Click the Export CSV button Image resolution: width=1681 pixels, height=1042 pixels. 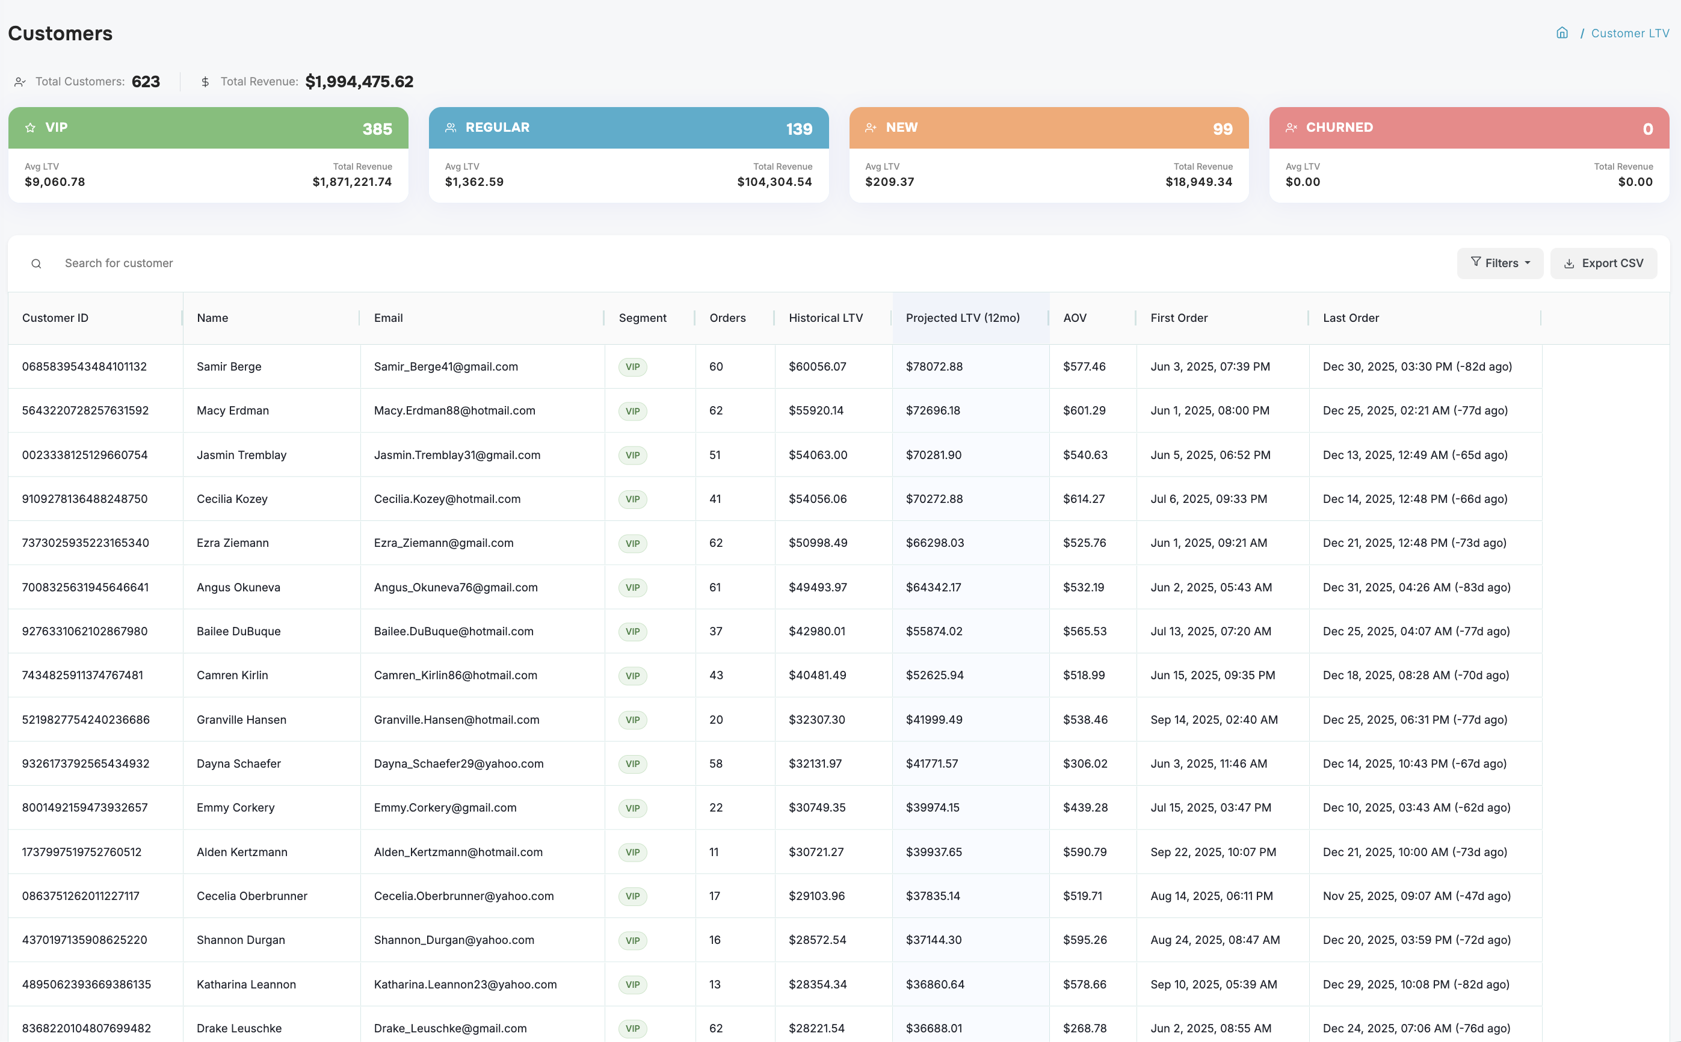tap(1603, 264)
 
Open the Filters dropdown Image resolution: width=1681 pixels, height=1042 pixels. tap(1500, 264)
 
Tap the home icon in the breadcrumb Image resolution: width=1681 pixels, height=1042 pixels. tap(1562, 33)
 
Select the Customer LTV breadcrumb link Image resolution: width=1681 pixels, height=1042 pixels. tap(1629, 33)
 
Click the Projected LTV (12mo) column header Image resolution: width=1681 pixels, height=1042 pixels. tap(962, 318)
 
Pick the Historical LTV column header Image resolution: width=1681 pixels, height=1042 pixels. tap(825, 318)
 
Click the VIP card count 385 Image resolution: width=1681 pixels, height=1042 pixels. tap(377, 129)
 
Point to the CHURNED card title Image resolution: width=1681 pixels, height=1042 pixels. tap(1339, 128)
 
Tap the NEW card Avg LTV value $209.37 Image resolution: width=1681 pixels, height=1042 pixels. tap(889, 182)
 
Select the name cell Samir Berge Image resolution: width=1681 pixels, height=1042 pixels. tap(229, 366)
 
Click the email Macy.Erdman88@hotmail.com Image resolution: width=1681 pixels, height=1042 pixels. tap(454, 411)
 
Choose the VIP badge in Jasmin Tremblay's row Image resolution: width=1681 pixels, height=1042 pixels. tap(632, 455)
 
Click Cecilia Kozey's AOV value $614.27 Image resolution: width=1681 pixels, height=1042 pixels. tap(1084, 499)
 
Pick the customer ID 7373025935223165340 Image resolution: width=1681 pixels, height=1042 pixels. tap(85, 543)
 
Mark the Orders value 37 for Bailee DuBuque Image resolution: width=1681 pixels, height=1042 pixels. tap(715, 631)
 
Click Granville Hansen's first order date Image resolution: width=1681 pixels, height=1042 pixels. tap(1214, 720)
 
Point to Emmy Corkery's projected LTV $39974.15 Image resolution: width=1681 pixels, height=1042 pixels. tap(933, 808)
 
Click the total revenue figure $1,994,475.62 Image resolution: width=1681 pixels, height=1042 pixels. tap(359, 82)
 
